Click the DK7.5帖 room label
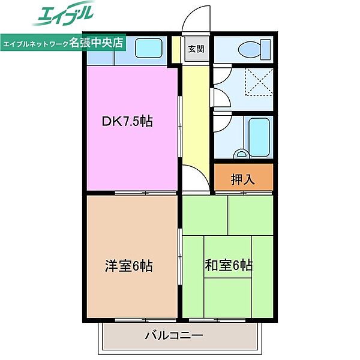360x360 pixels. (127, 121)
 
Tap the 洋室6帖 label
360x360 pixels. (129, 266)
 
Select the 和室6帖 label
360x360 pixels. (229, 265)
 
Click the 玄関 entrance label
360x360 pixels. (196, 49)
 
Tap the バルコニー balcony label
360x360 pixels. (174, 335)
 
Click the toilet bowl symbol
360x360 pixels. (249, 49)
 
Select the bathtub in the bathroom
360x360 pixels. (259, 137)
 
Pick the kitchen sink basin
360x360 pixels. (149, 48)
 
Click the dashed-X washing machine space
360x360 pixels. (259, 82)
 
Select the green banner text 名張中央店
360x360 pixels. (96, 42)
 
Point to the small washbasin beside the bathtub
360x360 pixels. (241, 154)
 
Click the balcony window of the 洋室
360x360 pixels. (146, 320)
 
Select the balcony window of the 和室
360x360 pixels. (217, 320)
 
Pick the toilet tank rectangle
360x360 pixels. (266, 49)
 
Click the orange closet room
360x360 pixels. (244, 177)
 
